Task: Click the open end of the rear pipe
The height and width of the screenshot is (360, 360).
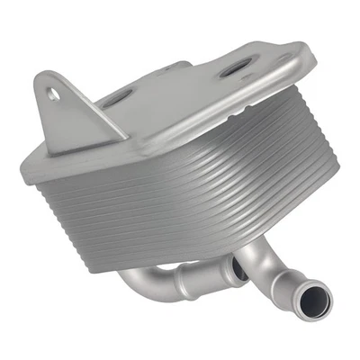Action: click(x=238, y=267)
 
